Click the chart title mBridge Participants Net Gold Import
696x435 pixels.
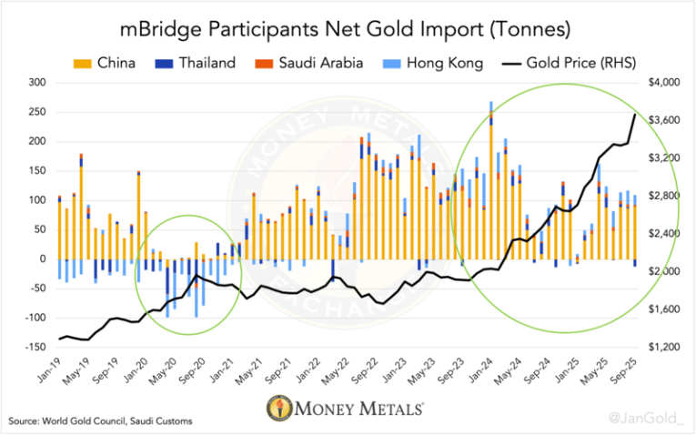[348, 29]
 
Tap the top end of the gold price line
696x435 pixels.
[634, 114]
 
